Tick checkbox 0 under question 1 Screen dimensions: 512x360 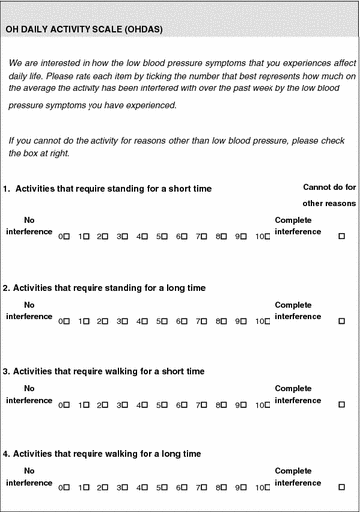pos(67,237)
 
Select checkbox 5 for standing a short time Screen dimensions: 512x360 pos(166,237)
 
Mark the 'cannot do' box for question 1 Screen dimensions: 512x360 pos(342,237)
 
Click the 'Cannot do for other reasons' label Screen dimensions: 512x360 pos(327,195)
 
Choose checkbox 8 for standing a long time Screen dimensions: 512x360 pos(225,322)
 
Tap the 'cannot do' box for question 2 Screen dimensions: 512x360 pos(342,322)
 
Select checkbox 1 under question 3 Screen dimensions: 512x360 pos(87,405)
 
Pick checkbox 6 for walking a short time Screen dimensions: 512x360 pos(185,405)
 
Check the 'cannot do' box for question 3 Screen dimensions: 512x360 pos(342,405)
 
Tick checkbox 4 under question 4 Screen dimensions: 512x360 pos(146,487)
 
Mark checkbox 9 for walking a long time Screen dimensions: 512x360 pos(245,487)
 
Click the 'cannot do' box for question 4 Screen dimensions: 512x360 pos(342,487)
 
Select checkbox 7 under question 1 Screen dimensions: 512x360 pos(205,237)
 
